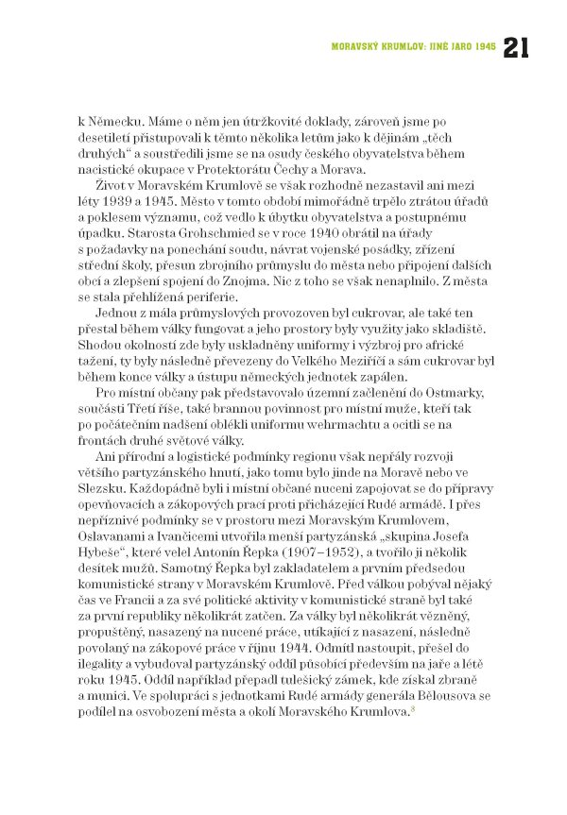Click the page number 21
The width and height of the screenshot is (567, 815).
click(523, 46)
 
